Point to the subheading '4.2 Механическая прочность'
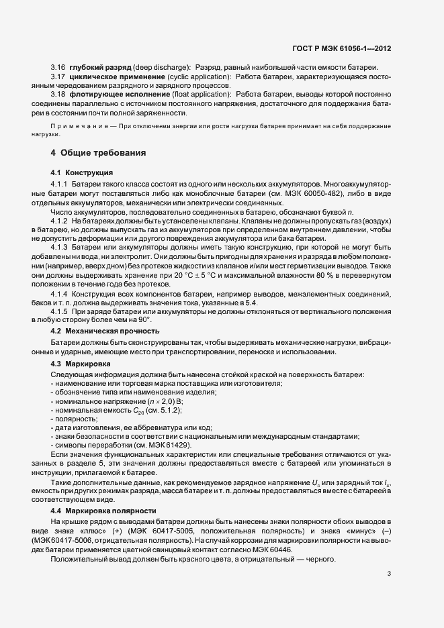point(105,331)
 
